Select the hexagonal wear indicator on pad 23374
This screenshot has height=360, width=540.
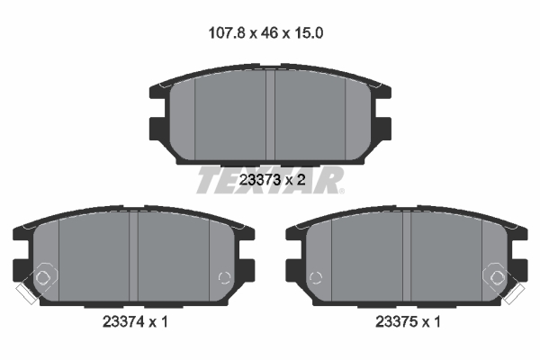pyautogui.click(x=42, y=277)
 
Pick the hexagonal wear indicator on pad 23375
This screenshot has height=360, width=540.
pyautogui.click(x=496, y=277)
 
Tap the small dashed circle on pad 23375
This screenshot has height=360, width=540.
pyautogui.click(x=315, y=276)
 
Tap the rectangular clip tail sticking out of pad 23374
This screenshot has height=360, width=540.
pyautogui.click(x=25, y=292)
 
